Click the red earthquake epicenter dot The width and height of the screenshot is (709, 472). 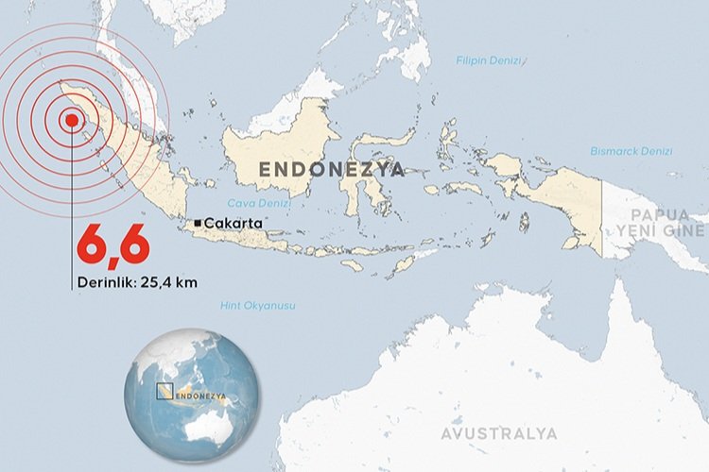point(71,120)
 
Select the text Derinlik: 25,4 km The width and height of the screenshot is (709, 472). point(138,281)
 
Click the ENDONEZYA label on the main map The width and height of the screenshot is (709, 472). point(331,170)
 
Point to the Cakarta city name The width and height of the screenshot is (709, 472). point(232,223)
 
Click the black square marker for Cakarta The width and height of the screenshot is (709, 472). point(197,223)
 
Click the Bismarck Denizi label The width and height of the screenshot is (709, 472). point(631,151)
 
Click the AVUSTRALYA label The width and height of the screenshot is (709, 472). point(498,433)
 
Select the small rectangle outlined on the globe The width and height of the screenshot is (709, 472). point(164,391)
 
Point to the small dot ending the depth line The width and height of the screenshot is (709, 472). point(71,281)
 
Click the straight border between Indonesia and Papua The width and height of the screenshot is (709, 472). point(602,217)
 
